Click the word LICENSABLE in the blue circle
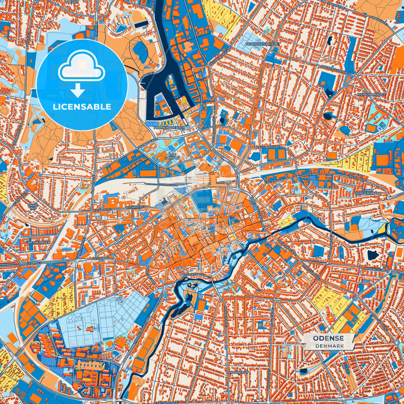(x=82, y=107)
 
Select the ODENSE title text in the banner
(x=328, y=338)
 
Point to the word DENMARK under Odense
(x=328, y=346)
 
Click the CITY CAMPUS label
(x=172, y=156)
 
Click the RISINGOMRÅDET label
(x=371, y=94)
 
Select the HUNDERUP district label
(x=238, y=373)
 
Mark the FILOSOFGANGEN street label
(x=194, y=275)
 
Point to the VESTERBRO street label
(x=102, y=259)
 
